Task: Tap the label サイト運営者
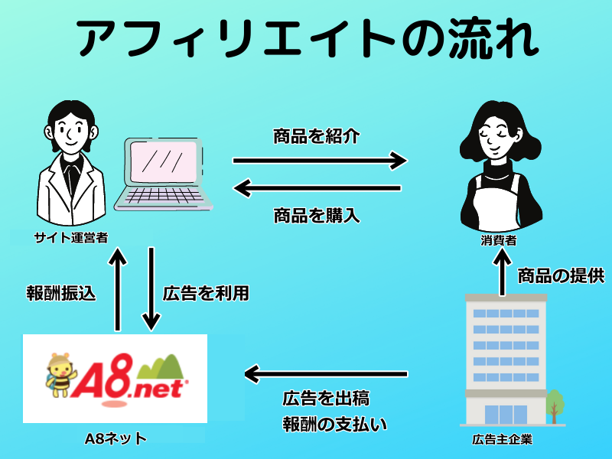pos(70,238)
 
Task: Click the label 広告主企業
pos(502,439)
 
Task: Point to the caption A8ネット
pos(116,438)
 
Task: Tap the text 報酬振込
pos(60,293)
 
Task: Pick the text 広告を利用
pos(206,293)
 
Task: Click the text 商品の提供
pos(562,275)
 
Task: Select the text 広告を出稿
pos(326,399)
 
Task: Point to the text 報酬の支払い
pos(335,423)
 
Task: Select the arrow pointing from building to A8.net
pos(325,374)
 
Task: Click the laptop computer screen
pos(165,164)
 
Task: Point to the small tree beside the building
pos(555,405)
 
